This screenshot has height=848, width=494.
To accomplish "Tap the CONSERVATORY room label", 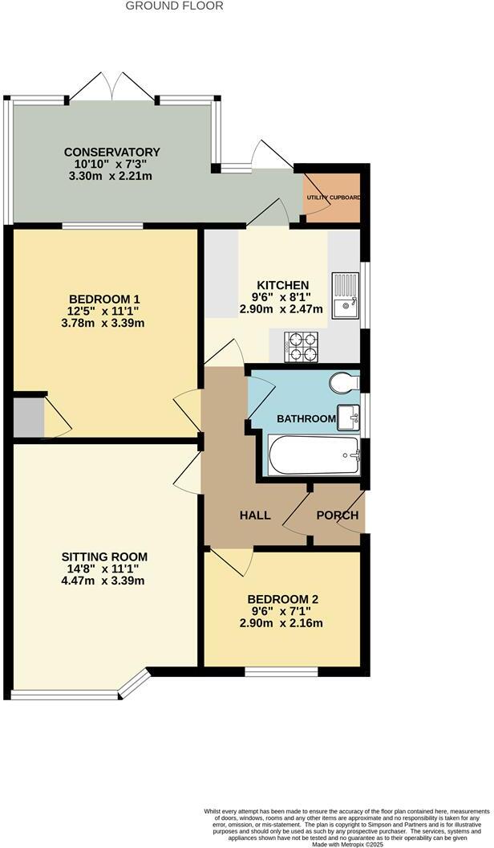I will point(112,152).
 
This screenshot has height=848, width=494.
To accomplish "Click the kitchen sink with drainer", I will point(345,294).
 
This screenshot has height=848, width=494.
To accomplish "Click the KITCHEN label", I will point(282,285).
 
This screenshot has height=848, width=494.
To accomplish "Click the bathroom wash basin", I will point(349,417).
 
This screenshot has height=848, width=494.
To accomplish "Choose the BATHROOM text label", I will point(306,418).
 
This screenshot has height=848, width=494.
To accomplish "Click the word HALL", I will point(254,515).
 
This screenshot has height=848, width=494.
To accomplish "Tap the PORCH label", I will point(335,515).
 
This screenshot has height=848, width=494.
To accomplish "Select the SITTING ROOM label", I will point(105,556).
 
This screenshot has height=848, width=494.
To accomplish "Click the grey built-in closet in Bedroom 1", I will point(27,415).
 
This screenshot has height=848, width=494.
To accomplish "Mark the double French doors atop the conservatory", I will point(112,86).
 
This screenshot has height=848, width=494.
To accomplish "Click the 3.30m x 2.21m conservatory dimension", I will point(112,176).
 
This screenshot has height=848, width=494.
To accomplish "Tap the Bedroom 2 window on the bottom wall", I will point(281,671).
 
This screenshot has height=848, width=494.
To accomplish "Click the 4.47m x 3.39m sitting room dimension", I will point(105,581).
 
